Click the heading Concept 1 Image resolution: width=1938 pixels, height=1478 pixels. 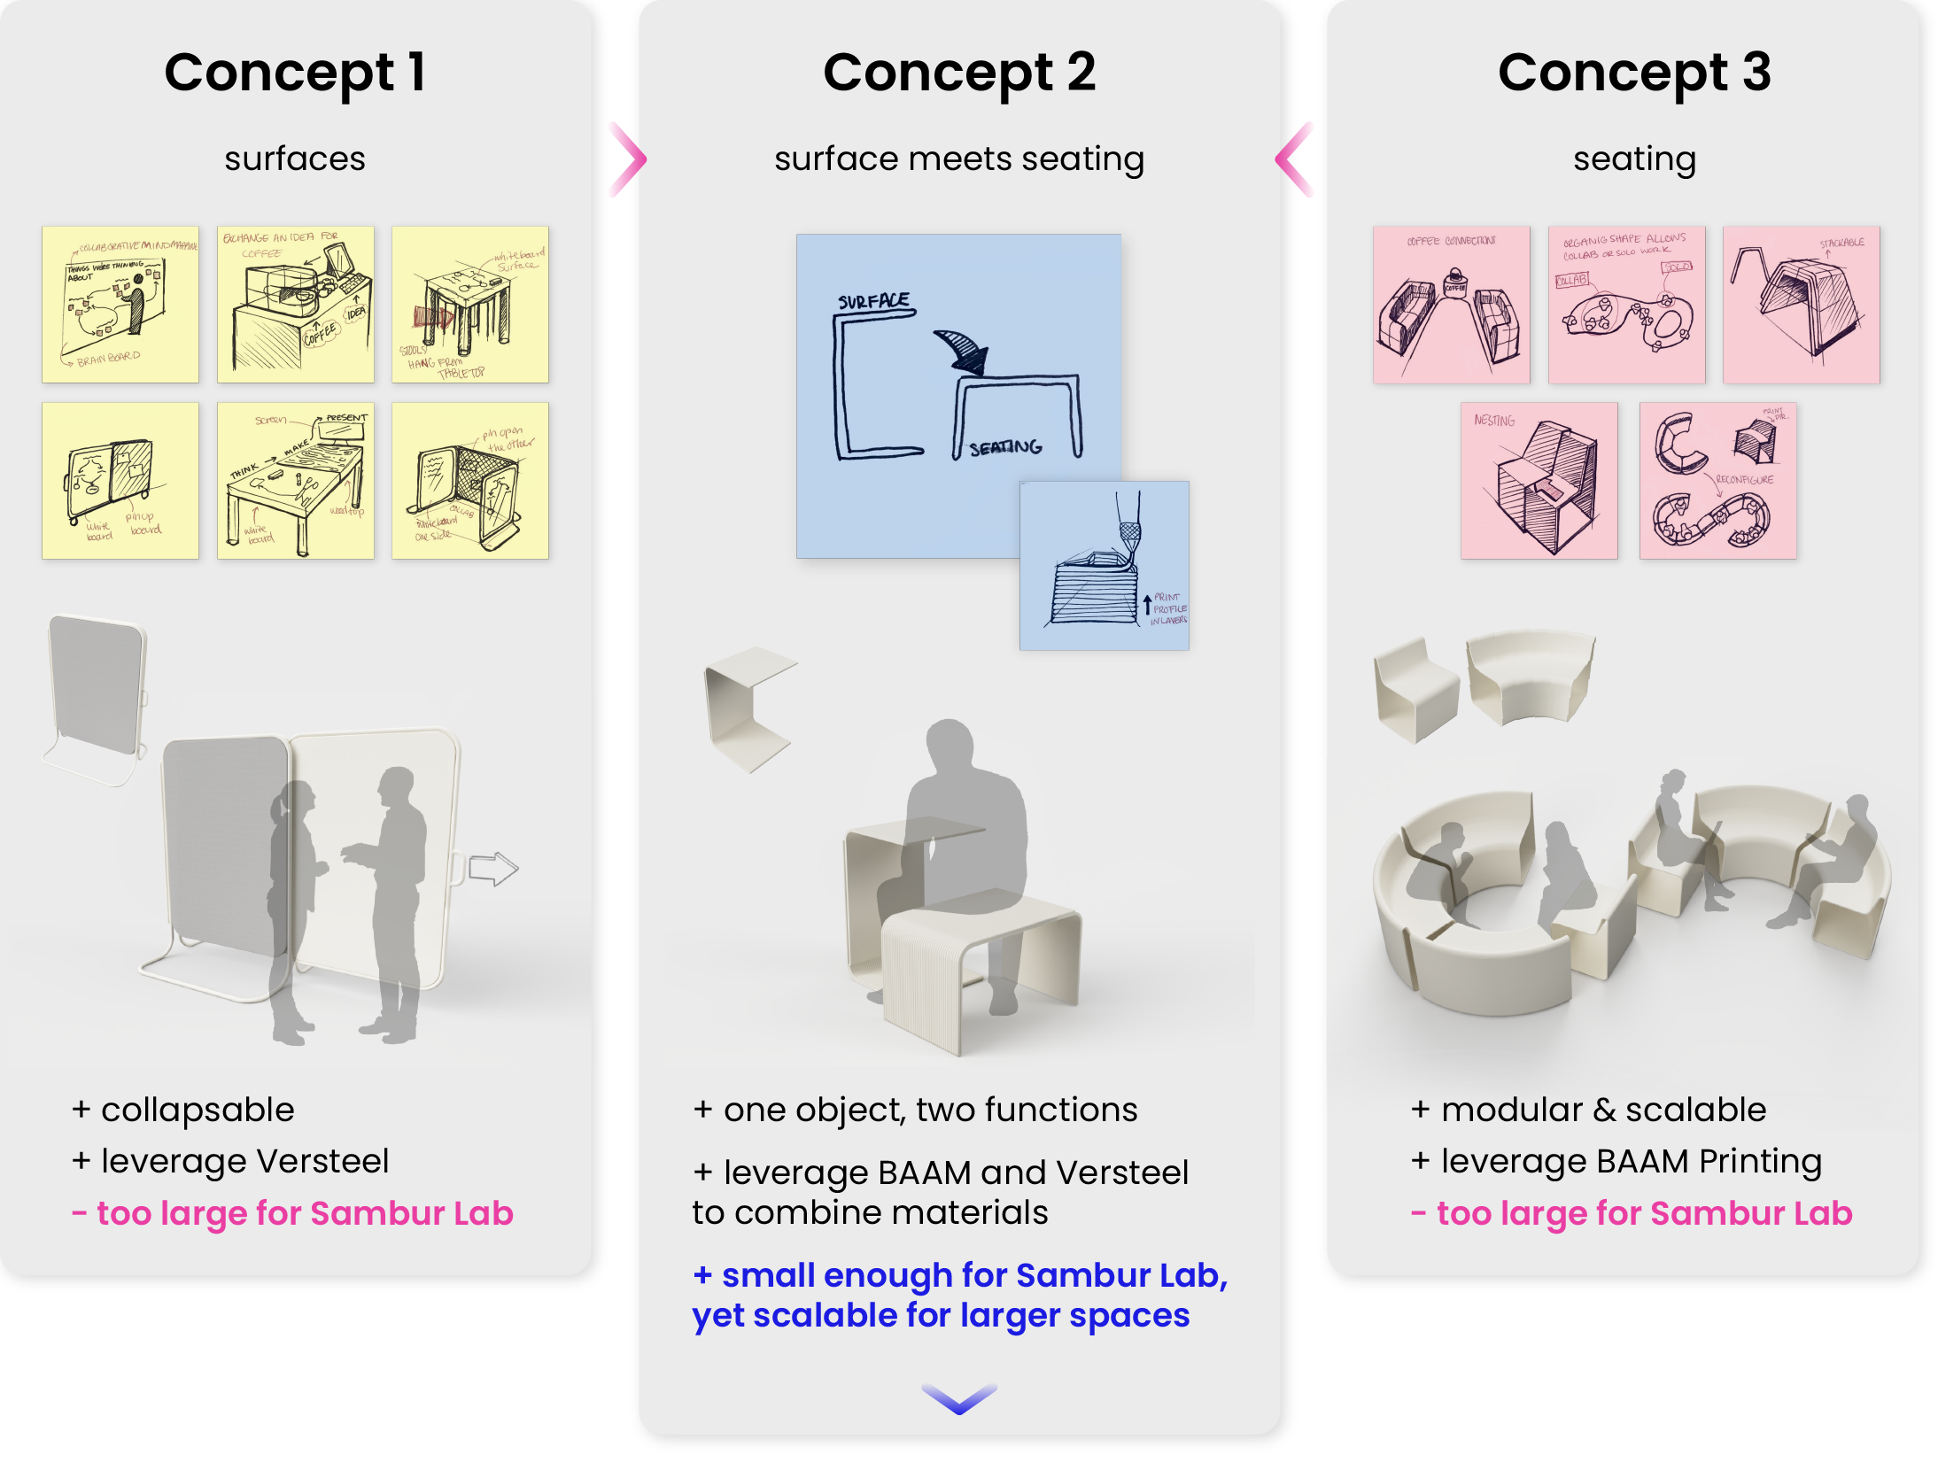295,73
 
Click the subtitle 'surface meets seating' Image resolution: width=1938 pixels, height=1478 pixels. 959,159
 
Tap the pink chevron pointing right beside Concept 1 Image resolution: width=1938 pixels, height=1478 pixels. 628,159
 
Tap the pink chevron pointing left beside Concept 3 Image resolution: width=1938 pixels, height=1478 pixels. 1295,159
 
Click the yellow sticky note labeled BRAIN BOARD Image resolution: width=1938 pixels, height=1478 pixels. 120,305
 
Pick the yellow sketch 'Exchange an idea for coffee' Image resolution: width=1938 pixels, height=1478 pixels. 296,305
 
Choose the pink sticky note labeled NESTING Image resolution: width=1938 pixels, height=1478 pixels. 1539,481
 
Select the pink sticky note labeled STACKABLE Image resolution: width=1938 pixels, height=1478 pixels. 1801,305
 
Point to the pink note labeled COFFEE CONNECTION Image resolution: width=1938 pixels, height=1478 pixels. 1451,305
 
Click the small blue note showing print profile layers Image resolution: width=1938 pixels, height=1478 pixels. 1105,566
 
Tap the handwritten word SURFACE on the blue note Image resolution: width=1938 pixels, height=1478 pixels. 874,301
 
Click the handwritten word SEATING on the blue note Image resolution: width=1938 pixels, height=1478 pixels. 1005,448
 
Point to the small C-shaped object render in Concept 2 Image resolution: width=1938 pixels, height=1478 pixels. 747,708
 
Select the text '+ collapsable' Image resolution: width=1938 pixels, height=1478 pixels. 183,1110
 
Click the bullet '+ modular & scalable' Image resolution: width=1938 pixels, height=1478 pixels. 1588,1110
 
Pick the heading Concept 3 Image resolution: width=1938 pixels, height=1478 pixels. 1634,73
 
